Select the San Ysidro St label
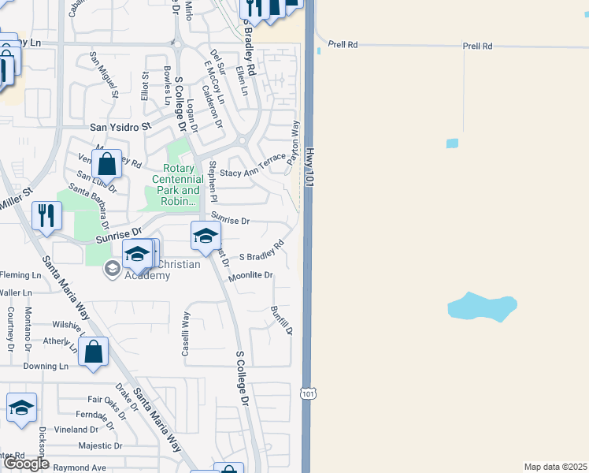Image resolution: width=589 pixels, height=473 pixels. (120, 127)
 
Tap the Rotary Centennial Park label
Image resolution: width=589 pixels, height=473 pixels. (183, 184)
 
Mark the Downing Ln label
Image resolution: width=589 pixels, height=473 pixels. (46, 367)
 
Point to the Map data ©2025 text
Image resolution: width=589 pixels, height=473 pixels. (555, 467)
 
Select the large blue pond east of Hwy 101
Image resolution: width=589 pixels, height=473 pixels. (482, 307)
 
